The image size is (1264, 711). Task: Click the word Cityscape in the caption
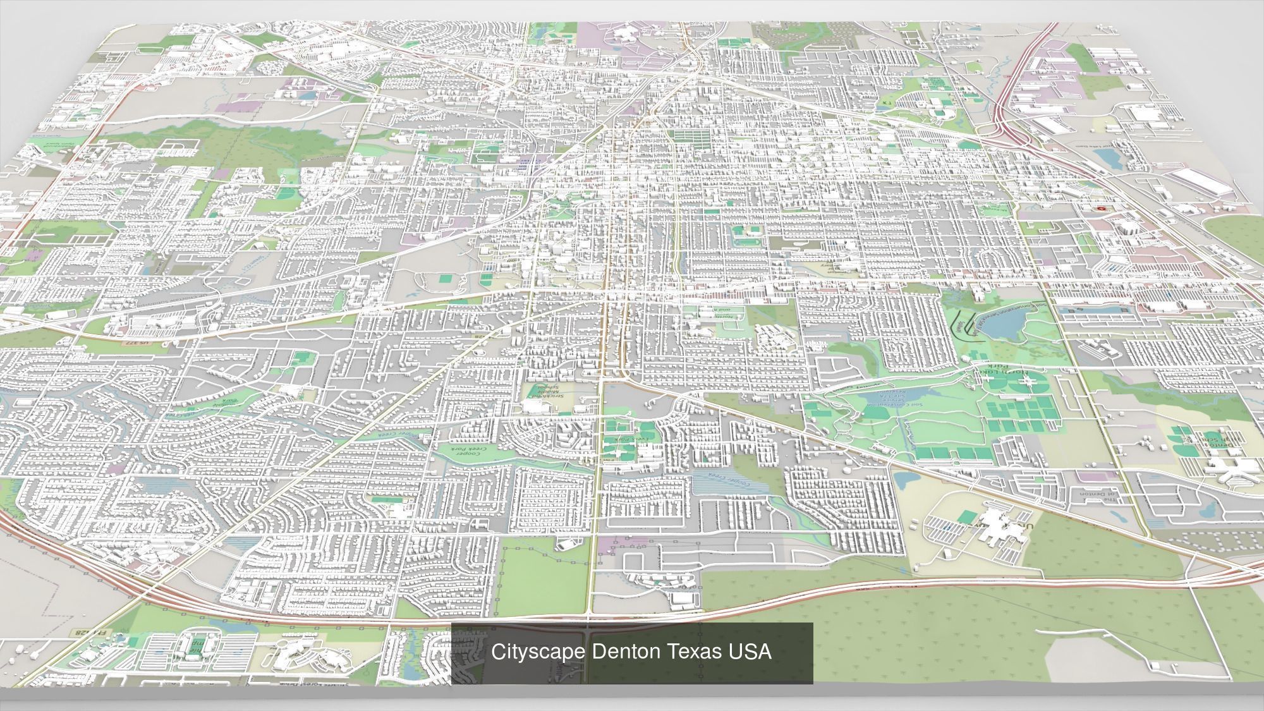click(x=538, y=652)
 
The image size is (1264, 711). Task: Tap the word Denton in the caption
click(x=617, y=652)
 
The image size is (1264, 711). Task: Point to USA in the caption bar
click(x=750, y=652)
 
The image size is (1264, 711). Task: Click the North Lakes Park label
click(x=997, y=373)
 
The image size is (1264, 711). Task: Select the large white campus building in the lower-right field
click(x=1000, y=525)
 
